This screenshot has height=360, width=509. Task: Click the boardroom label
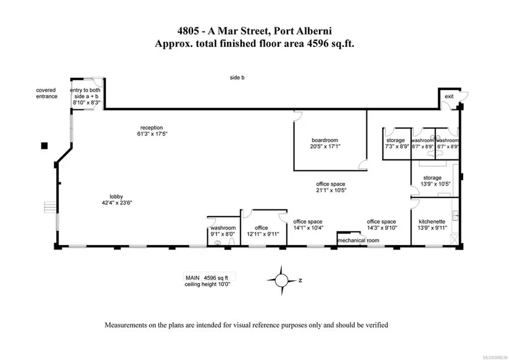coord(325,140)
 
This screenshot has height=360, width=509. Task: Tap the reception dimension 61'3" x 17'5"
coord(152,133)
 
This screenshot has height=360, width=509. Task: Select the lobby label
coord(116,196)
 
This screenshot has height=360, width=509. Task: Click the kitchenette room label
coord(432,222)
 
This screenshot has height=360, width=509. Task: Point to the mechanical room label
coord(358,240)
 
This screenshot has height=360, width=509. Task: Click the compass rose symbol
coord(281,280)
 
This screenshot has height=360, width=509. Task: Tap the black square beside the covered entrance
coord(44,146)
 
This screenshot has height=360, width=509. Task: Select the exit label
coord(449,96)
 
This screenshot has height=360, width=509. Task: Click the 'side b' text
coord(237,78)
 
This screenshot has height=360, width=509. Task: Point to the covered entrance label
coord(46,93)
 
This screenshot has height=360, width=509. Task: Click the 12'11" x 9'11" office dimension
coord(263,234)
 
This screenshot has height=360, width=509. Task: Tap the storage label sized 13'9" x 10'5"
coord(432,178)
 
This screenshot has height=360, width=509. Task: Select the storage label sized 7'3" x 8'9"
coord(395,140)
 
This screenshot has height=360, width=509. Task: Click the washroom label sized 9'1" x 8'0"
coord(223,228)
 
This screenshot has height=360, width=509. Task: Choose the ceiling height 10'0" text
coord(207,284)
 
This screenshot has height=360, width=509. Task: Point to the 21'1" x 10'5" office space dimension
coord(331,190)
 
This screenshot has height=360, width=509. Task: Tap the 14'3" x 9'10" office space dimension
coord(382,228)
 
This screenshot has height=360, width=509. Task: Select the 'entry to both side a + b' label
coord(85,93)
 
